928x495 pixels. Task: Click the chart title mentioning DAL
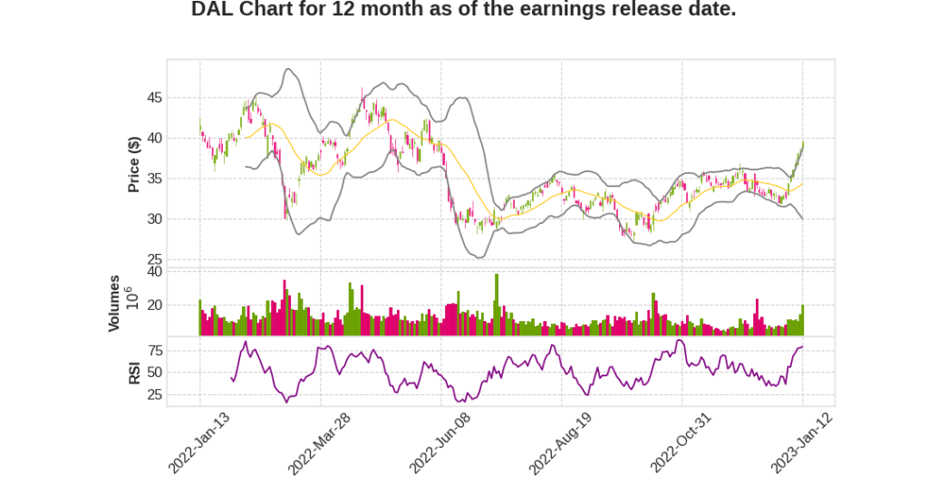coord(463,10)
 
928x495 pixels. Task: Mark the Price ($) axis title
coord(133,163)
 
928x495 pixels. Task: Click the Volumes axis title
coord(114,303)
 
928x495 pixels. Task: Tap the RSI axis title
coord(133,372)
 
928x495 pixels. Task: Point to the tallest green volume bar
coord(497,305)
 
